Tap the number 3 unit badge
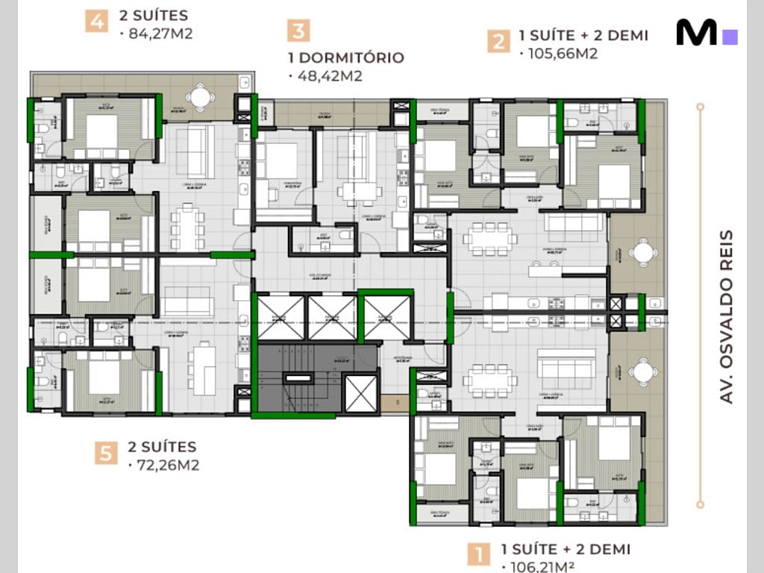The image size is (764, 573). point(298,31)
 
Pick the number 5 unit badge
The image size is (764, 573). point(107,452)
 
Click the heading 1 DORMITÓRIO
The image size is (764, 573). point(345,57)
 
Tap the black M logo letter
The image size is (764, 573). point(696,33)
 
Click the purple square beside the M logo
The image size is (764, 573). point(730,37)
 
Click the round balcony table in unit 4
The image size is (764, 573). point(200,95)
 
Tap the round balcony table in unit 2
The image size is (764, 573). point(642,253)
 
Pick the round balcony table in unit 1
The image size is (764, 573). point(642,371)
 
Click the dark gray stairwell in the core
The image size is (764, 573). point(298,377)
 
